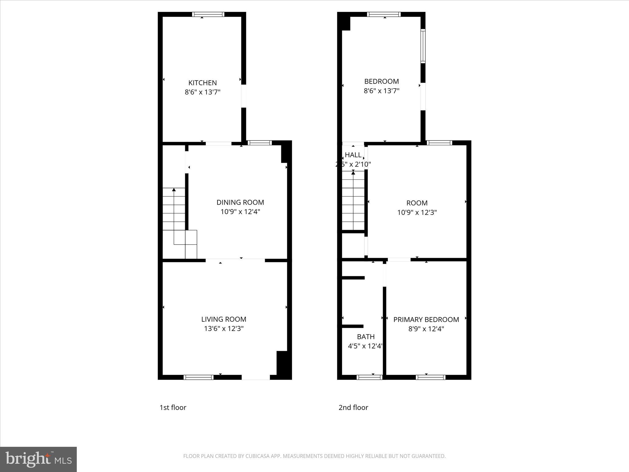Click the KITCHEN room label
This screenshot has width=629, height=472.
tap(202, 83)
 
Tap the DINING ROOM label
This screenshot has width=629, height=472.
tap(240, 202)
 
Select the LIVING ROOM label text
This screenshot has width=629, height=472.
tap(224, 319)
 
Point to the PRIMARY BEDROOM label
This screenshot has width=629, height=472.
tap(426, 320)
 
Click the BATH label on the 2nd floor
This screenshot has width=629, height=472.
tap(365, 336)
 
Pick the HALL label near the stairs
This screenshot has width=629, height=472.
tap(353, 155)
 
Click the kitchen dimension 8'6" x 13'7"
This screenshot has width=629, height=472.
tap(202, 92)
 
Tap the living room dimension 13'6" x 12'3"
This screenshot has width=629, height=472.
tap(224, 328)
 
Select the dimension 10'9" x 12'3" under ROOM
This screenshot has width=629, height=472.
tap(417, 212)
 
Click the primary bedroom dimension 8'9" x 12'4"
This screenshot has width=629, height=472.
tap(426, 329)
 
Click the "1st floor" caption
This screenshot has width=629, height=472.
tap(173, 407)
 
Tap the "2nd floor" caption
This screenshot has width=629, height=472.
tap(353, 407)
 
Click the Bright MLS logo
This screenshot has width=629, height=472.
tap(38, 459)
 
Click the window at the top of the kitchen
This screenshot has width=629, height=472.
tap(208, 14)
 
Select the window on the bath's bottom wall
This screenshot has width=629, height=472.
tap(369, 377)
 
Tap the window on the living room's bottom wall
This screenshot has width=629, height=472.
tap(198, 377)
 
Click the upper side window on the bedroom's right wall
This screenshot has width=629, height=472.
tap(423, 46)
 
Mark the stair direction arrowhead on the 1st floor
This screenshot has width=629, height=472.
tap(174, 190)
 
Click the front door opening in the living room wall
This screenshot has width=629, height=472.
tap(256, 377)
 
